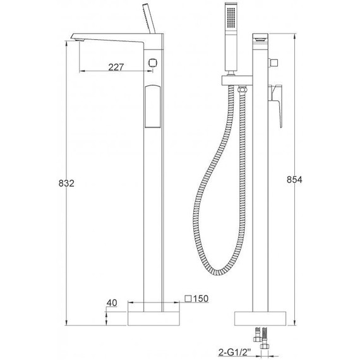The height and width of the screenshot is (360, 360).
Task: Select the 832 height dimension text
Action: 67,183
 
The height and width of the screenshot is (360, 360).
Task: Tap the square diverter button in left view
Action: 152,62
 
